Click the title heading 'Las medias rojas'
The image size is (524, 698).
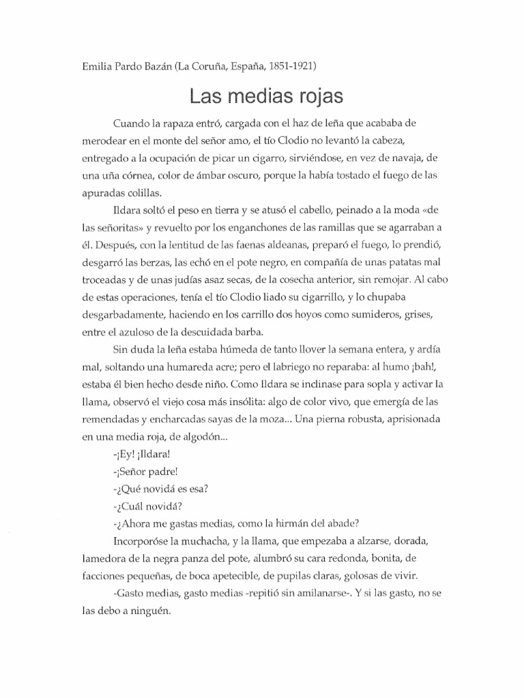(x=265, y=95)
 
